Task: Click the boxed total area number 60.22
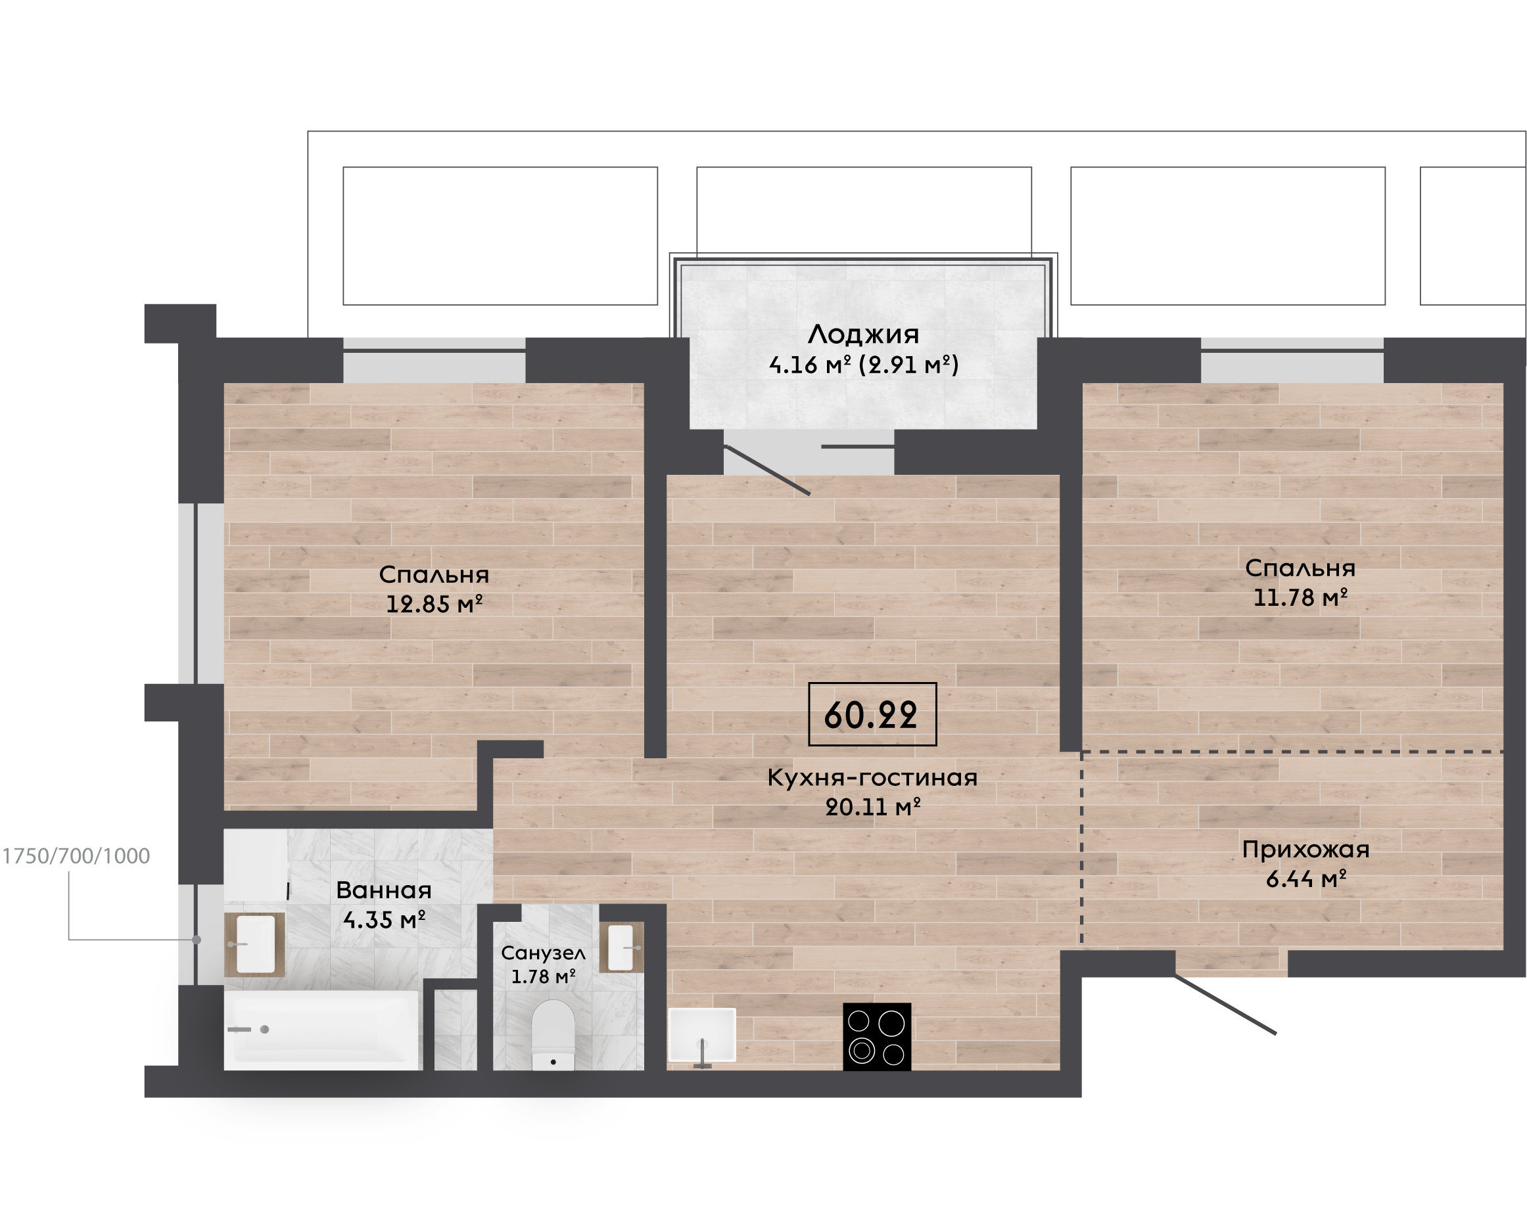click(871, 715)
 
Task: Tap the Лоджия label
click(863, 334)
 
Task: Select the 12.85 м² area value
click(434, 604)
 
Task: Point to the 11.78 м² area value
click(1300, 597)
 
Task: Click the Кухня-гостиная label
click(872, 778)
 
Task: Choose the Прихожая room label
click(1305, 850)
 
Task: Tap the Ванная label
click(383, 890)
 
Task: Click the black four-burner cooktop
click(877, 1036)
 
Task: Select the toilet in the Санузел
click(553, 1035)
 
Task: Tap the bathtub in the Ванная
click(323, 1030)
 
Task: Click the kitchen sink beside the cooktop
click(702, 1036)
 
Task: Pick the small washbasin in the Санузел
click(621, 947)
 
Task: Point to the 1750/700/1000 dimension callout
click(76, 856)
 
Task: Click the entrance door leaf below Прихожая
click(1225, 1004)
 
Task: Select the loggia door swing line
click(767, 470)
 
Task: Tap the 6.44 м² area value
click(1306, 879)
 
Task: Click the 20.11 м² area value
click(873, 807)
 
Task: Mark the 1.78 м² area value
click(543, 976)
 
